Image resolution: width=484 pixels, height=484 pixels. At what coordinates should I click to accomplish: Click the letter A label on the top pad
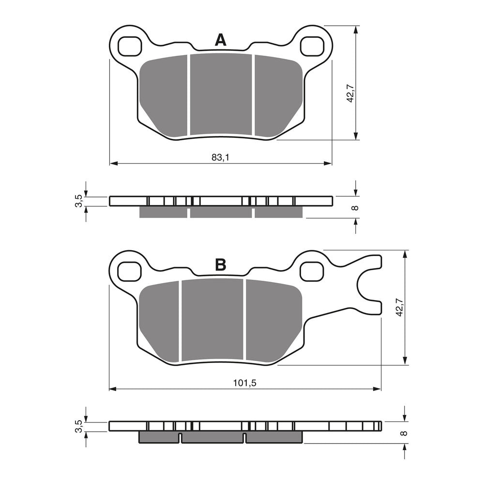click(x=221, y=40)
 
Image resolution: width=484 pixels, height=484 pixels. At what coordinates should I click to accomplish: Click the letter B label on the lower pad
click(x=221, y=265)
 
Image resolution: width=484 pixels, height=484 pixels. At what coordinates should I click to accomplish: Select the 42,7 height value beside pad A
click(x=351, y=93)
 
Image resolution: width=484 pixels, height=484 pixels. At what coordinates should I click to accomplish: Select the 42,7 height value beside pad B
click(x=399, y=307)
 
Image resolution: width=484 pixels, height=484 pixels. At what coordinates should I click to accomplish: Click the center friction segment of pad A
click(x=221, y=94)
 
